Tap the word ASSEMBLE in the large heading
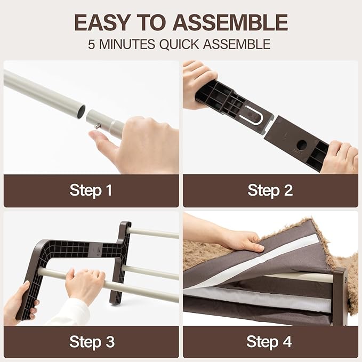tap(230, 22)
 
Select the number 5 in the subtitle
tap(91, 44)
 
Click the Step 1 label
tap(91, 190)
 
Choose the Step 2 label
tap(270, 190)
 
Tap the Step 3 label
tap(92, 341)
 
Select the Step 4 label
tap(269, 341)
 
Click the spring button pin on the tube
tap(98, 126)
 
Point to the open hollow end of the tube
tap(81, 112)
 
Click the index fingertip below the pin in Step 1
tap(94, 134)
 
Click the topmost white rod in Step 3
tap(154, 232)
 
